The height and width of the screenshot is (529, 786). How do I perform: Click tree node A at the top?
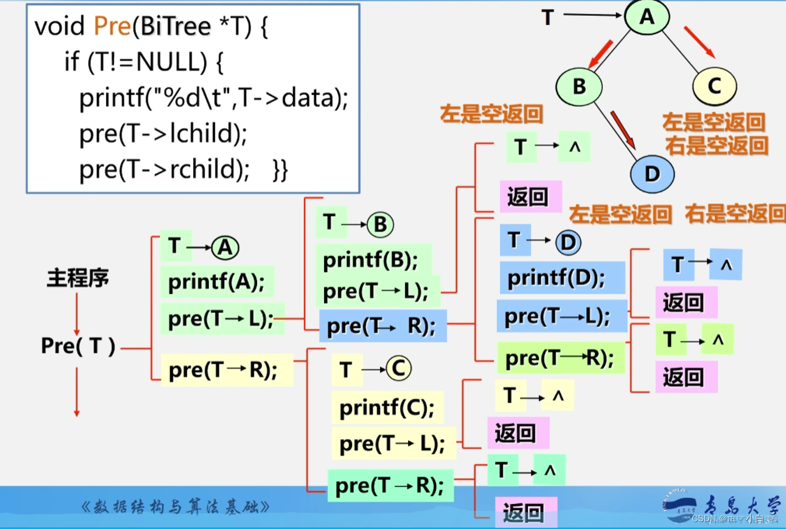(646, 17)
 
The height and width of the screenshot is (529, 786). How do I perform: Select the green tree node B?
(579, 86)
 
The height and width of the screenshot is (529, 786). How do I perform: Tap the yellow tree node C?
(714, 86)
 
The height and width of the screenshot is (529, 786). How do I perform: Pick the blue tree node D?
(652, 173)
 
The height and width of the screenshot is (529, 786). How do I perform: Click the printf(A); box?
(216, 282)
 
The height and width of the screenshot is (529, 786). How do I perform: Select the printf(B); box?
(371, 259)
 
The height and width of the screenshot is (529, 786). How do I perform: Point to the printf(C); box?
(387, 407)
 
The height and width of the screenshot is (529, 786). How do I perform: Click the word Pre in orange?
(112, 26)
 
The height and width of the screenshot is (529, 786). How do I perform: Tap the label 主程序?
(78, 278)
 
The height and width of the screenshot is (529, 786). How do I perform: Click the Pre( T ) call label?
(78, 346)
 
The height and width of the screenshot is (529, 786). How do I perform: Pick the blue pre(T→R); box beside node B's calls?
(382, 326)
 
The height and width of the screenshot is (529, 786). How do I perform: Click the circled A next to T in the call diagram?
(225, 248)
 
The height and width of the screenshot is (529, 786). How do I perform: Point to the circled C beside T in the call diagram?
(399, 368)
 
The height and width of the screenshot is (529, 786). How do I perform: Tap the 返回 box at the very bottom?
(524, 513)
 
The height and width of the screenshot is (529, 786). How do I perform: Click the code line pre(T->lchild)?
(164, 134)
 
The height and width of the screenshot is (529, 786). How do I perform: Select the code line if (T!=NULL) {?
(144, 61)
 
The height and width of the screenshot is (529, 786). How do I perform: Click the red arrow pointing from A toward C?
(700, 41)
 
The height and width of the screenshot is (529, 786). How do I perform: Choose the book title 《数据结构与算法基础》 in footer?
(176, 506)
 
